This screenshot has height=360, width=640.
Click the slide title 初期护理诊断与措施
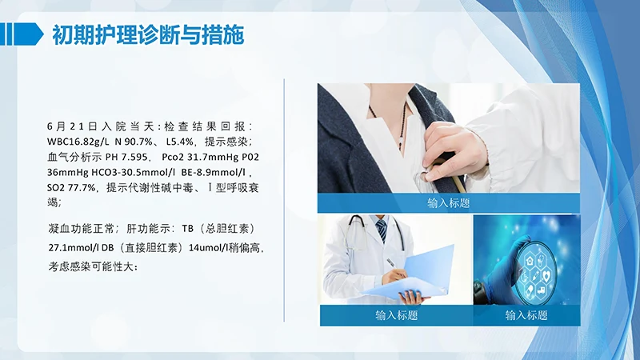148,35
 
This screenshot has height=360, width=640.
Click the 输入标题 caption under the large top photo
448,204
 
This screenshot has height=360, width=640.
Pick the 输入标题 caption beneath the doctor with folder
396,315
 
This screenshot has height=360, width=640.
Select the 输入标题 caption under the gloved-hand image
526,315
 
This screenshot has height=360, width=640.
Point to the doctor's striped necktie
382,230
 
